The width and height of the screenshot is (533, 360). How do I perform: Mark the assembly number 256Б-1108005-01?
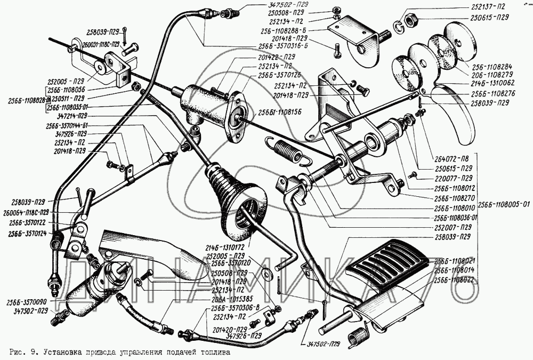point(504,204)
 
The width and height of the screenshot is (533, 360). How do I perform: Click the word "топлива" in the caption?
point(218,352)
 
